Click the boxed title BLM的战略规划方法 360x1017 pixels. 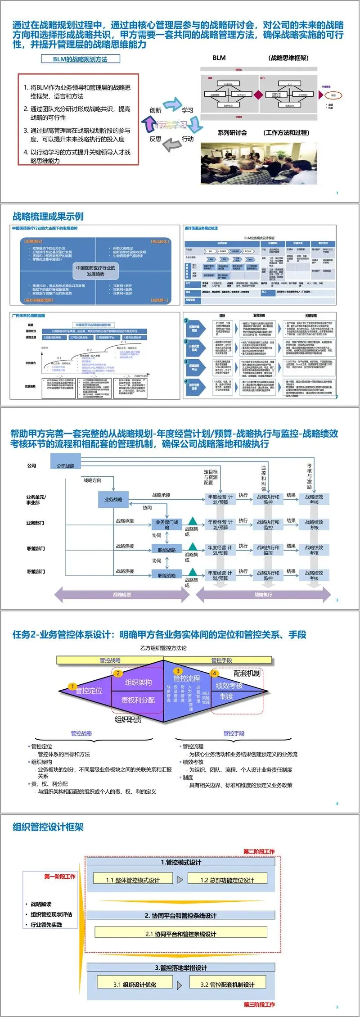pyautogui.click(x=80, y=59)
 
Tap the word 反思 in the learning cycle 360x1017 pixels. pyautogui.click(x=155, y=139)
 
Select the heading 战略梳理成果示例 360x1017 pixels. pyautogui.click(x=48, y=217)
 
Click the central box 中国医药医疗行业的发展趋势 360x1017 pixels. pyautogui.click(x=95, y=271)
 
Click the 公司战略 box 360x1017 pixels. pyautogui.click(x=66, y=466)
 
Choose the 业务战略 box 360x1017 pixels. pyautogui.click(x=113, y=499)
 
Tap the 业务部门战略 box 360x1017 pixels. pyautogui.click(x=166, y=524)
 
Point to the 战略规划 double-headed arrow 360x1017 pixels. pyautogui.click(x=122, y=595)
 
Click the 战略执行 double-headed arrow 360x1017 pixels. pyautogui.click(x=263, y=595)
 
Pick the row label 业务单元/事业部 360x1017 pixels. pyautogui.click(x=36, y=500)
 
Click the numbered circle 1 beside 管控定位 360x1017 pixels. pyautogui.click(x=72, y=687)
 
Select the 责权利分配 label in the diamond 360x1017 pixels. pyautogui.click(x=138, y=700)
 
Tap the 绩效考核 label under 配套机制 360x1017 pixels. pyautogui.click(x=229, y=686)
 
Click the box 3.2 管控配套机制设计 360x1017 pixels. pyautogui.click(x=227, y=985)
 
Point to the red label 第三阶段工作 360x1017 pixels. pyautogui.click(x=259, y=1004)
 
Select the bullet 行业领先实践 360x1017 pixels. pyautogui.click(x=46, y=925)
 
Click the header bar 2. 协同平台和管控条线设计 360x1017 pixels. pyautogui.click(x=180, y=916)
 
